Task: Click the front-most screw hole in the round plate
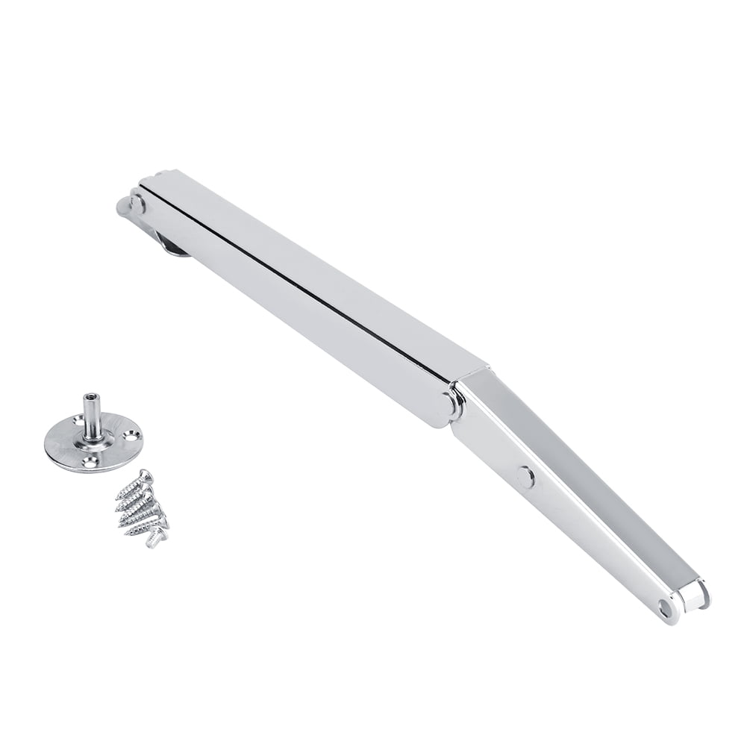pyautogui.click(x=90, y=463)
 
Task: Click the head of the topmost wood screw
pyautogui.click(x=146, y=475)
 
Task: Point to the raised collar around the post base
pyautogui.click(x=94, y=439)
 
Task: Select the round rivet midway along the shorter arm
pyautogui.click(x=525, y=476)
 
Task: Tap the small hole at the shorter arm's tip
pyautogui.click(x=664, y=607)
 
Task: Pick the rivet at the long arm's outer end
pyautogui.click(x=137, y=203)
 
